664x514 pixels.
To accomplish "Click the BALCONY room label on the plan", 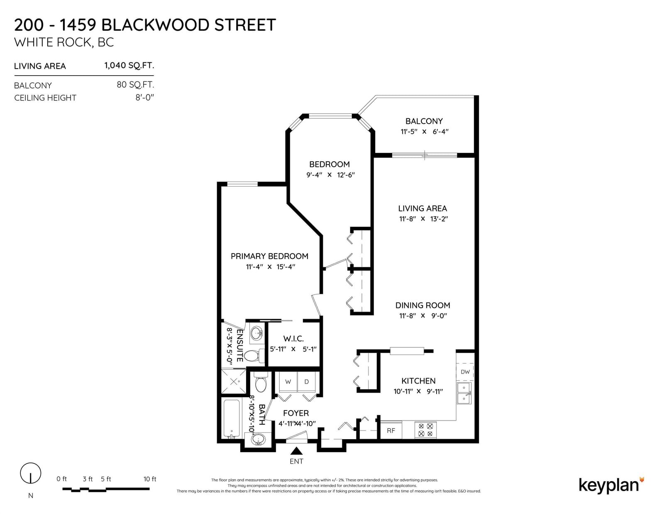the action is tap(424, 121).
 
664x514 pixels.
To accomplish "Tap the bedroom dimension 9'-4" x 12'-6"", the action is tap(330, 175).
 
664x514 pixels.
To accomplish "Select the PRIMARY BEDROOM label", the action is tap(269, 256).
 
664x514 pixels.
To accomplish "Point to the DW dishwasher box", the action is tap(465, 372).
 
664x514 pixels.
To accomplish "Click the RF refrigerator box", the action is tap(391, 431).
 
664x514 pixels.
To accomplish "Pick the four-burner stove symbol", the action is tap(425, 430).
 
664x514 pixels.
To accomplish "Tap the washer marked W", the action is tap(288, 382).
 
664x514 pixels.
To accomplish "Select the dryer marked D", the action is tap(307, 382).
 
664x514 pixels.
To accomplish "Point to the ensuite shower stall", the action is tap(234, 381).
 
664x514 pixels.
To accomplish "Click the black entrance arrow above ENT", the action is tap(296, 451).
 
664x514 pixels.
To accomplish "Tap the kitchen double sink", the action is tap(464, 393).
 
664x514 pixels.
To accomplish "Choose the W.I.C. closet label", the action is tap(293, 339).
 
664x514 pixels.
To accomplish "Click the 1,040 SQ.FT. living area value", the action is tap(129, 66).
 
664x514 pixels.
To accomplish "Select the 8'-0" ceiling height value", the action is tap(144, 98).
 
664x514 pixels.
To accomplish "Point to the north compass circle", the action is tap(31, 473).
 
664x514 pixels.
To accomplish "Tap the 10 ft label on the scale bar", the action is tap(150, 479).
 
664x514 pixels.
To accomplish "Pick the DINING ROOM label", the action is tap(422, 305).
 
